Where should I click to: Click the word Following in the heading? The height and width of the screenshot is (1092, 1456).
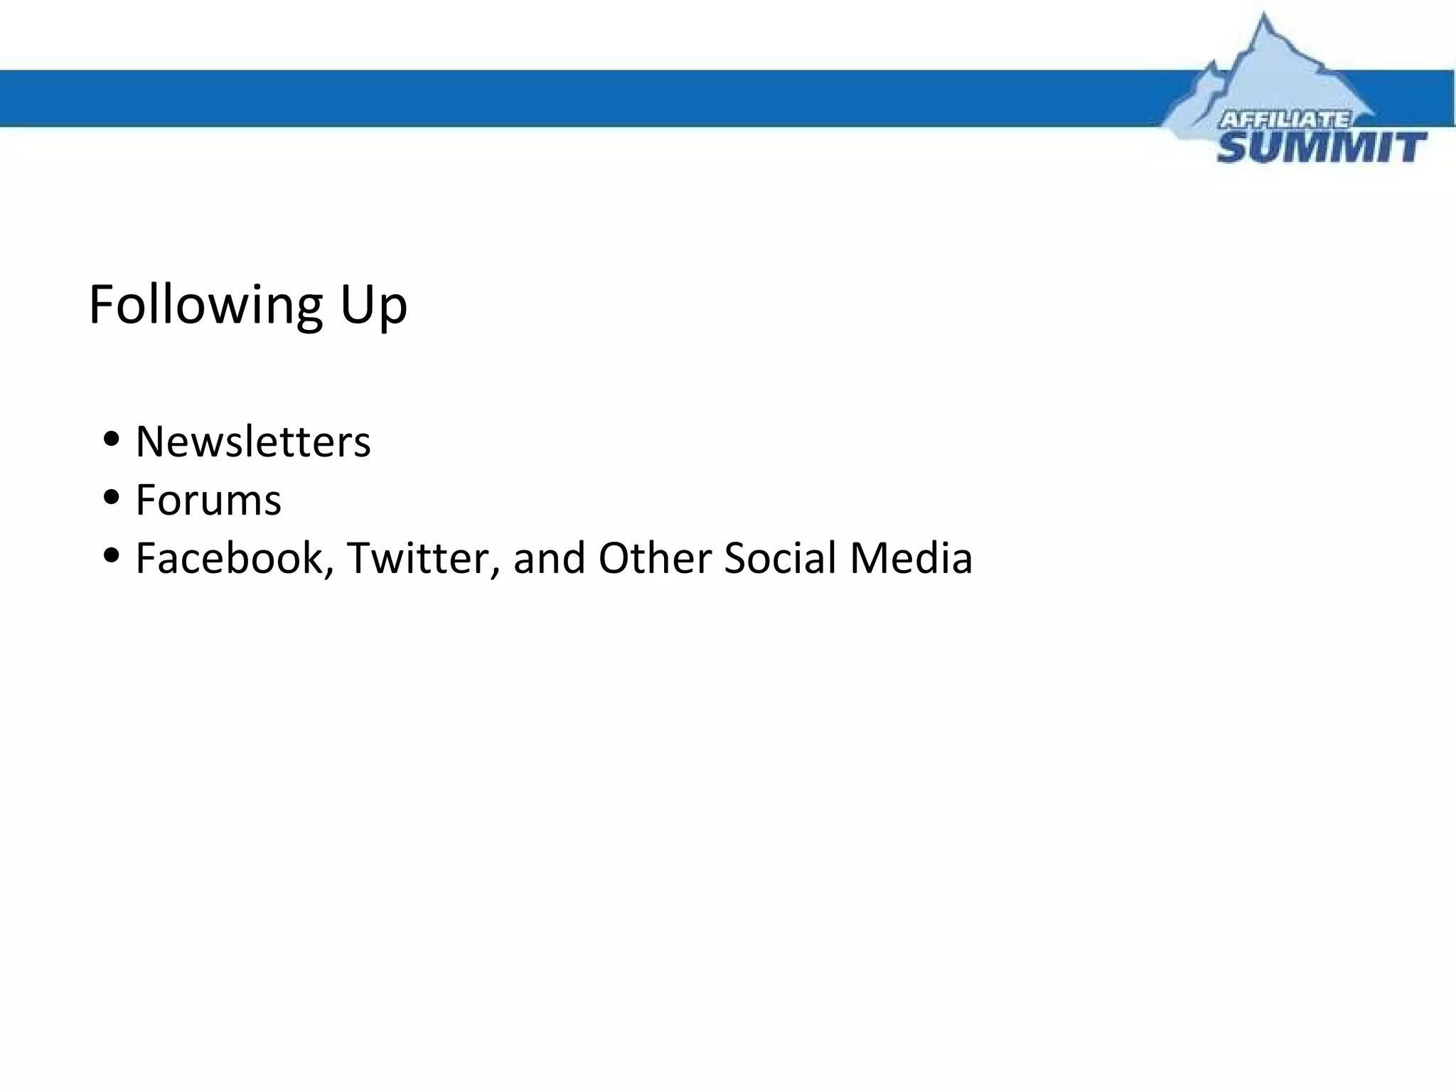(206, 306)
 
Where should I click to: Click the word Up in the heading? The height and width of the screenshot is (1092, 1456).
(373, 306)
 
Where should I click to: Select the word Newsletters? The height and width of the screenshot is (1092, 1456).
(253, 441)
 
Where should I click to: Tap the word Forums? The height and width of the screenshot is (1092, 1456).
(208, 500)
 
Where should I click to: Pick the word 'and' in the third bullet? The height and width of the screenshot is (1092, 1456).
(550, 558)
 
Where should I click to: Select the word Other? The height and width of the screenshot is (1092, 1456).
(654, 558)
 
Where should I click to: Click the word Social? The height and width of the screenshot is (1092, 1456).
(780, 558)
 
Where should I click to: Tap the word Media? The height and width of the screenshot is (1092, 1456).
(911, 558)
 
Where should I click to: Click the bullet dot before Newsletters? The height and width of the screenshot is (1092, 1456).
(111, 439)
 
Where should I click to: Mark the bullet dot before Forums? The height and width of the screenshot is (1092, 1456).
(111, 497)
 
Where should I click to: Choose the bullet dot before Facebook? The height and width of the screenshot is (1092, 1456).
(111, 555)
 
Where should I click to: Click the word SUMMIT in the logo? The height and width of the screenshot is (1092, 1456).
(1321, 148)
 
